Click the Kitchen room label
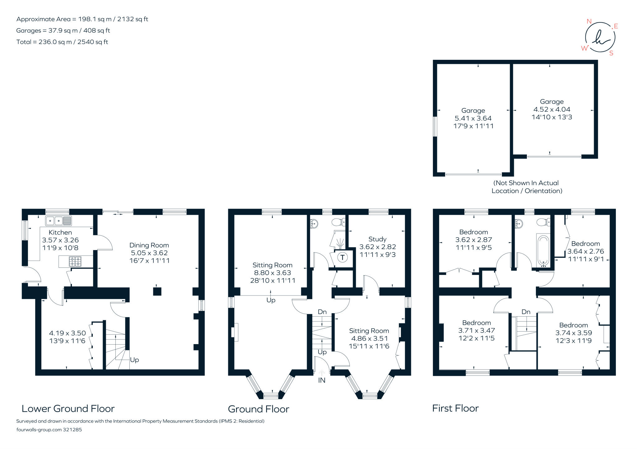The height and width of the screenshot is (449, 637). [60, 232]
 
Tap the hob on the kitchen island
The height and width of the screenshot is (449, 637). [75, 261]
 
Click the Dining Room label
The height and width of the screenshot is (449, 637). [149, 245]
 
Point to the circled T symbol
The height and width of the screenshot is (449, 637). [342, 257]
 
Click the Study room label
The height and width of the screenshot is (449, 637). [377, 239]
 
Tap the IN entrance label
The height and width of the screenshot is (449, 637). [322, 380]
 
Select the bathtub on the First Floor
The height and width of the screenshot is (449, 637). [543, 251]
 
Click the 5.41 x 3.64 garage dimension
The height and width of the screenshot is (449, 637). [473, 118]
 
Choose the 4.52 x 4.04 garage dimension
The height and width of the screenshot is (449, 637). [551, 109]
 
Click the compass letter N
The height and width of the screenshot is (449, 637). [588, 21]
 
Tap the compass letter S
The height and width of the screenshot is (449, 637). [611, 53]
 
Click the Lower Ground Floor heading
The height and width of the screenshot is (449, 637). [68, 409]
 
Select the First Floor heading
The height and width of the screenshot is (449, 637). [455, 408]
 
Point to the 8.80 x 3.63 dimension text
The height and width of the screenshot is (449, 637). [272, 273]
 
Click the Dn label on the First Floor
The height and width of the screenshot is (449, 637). [526, 312]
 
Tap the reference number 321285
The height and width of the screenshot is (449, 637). [72, 430]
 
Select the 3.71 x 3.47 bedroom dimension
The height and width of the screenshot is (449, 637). [476, 330]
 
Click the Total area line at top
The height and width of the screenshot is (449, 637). [62, 42]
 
